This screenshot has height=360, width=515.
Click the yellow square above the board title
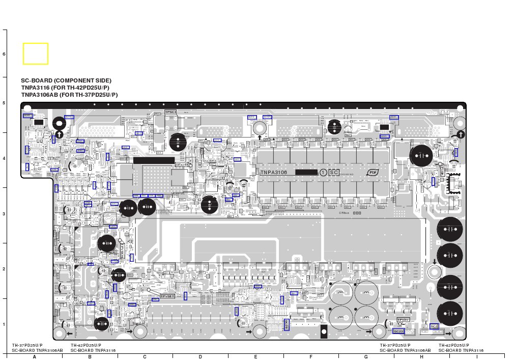pos(36,53)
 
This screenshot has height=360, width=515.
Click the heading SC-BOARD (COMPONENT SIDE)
pos(66,80)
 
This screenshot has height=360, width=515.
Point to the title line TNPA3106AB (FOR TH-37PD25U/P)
pos(69,95)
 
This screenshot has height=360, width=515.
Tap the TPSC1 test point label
pos(170,112)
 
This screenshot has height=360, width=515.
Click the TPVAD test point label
pos(182,164)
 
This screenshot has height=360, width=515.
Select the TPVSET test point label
pos(167,296)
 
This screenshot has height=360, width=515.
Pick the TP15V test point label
pos(403,320)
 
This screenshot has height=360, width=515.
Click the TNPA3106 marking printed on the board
pos(274,173)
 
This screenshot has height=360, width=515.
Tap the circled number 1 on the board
pos(323,172)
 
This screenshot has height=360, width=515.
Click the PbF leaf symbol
pos(372,172)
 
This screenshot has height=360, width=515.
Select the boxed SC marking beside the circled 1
pos(334,172)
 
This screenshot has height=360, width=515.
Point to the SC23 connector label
pos(398,331)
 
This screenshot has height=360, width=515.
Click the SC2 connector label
pos(434,326)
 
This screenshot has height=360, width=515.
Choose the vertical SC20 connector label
pos(287,324)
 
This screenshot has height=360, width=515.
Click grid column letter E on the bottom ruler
pos(255,356)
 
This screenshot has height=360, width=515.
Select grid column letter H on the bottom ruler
pos(421,356)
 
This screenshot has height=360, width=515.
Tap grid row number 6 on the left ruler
pos(4,53)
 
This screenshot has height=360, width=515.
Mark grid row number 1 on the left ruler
pos(4,324)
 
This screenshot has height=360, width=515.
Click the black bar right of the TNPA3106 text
pos(306,172)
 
